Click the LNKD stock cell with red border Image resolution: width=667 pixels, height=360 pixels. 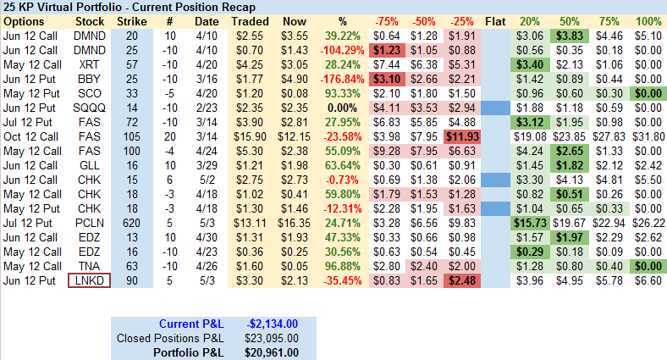pyautogui.click(x=89, y=281)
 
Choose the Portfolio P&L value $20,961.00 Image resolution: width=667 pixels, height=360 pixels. pyautogui.click(x=269, y=352)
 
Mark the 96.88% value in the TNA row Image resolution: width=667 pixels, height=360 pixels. pyautogui.click(x=344, y=267)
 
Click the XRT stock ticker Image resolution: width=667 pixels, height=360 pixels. pyautogui.click(x=89, y=64)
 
